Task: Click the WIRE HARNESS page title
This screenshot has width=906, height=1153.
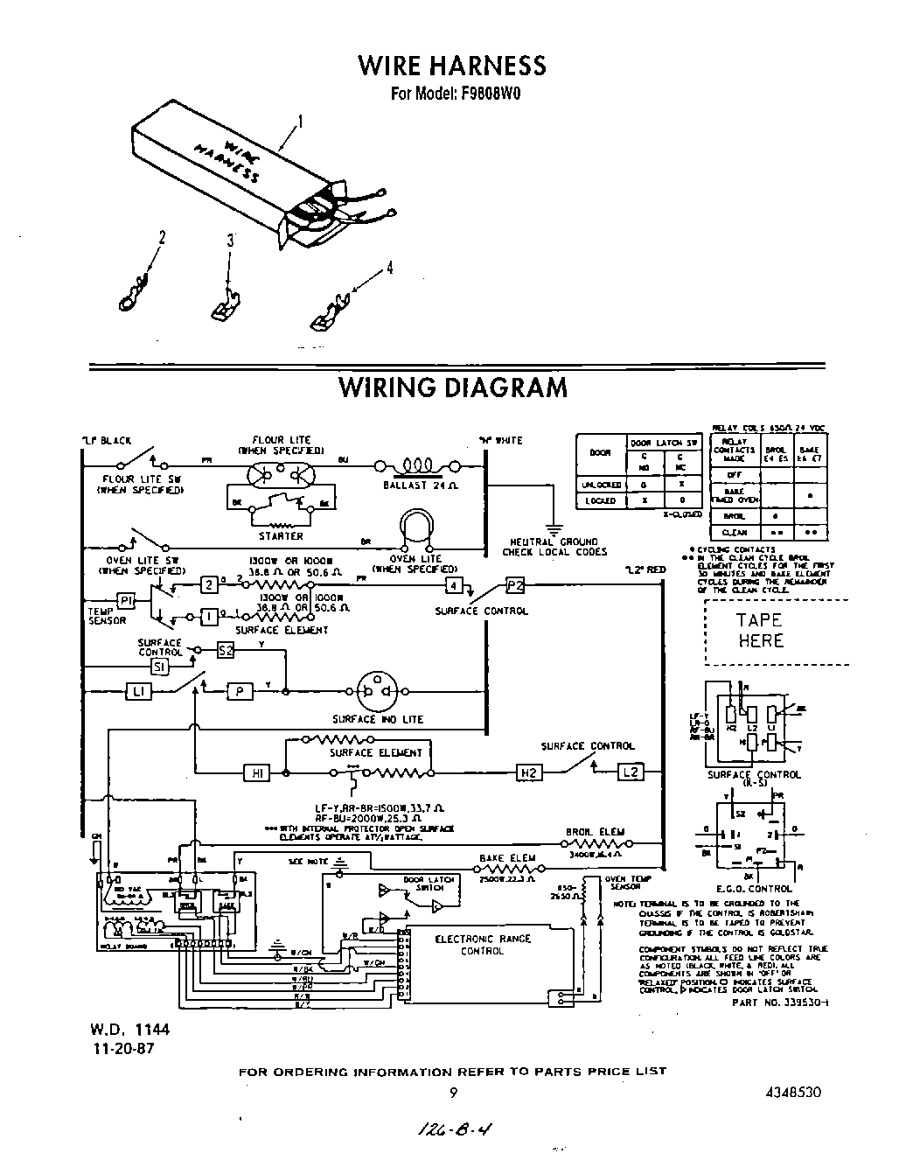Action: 452,66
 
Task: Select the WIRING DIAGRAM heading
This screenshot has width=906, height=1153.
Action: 452,387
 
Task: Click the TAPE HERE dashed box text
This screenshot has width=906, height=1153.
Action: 759,630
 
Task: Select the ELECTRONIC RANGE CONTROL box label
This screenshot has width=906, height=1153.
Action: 483,945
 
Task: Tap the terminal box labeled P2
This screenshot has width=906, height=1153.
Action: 515,585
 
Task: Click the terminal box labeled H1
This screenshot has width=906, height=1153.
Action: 257,772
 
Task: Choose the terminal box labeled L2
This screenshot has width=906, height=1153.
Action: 631,772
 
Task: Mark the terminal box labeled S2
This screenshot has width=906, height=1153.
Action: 226,650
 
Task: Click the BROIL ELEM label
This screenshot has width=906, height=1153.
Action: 595,832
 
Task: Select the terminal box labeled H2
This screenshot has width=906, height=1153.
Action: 529,772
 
